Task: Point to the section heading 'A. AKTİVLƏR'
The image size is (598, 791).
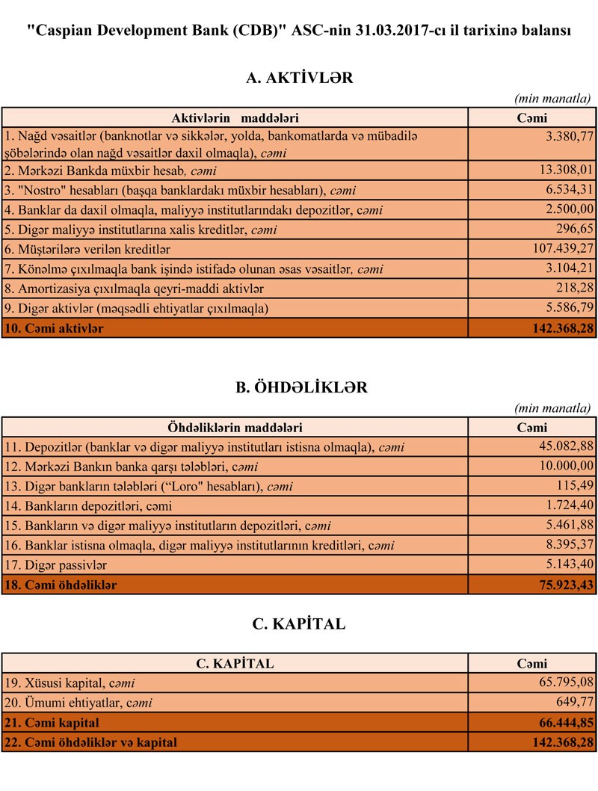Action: pyautogui.click(x=299, y=78)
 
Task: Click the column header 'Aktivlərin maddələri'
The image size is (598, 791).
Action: pyautogui.click(x=235, y=118)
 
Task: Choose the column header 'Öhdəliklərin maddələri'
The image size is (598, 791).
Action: pyautogui.click(x=235, y=428)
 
